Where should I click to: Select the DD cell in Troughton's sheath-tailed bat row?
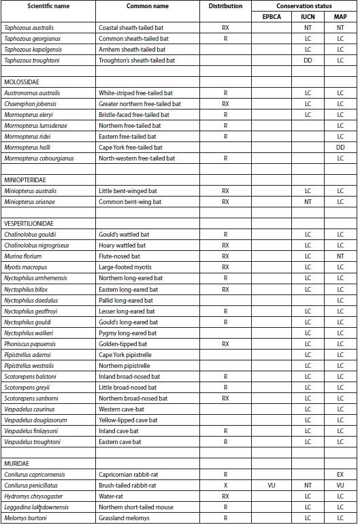308,61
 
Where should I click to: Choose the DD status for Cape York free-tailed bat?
340,148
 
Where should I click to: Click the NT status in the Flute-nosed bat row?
340,256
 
